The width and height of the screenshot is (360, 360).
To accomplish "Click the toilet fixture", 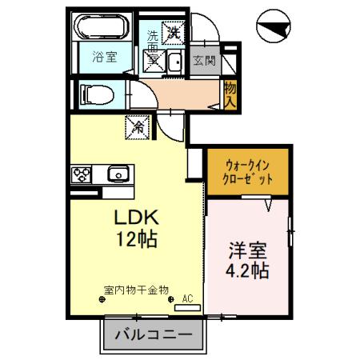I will click(90, 94).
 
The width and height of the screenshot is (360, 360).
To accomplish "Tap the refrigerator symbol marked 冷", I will click(137, 126).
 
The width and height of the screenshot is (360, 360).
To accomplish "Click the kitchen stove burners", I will click(83, 173).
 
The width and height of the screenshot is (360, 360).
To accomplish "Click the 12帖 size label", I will click(134, 238).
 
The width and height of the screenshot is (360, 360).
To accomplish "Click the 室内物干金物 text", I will click(136, 290).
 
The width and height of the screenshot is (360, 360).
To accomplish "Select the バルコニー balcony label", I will click(151, 334).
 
